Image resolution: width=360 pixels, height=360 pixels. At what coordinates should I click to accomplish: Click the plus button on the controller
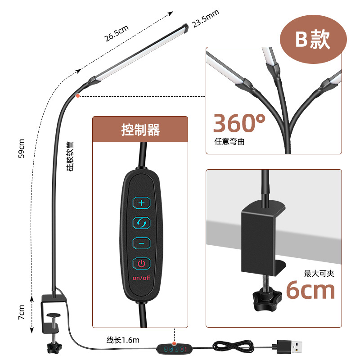click(141, 203)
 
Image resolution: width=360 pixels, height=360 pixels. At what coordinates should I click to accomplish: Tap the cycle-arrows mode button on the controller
click(141, 223)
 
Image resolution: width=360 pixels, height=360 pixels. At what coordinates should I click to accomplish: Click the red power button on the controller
click(141, 263)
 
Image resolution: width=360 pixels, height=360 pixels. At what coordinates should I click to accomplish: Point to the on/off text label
click(141, 278)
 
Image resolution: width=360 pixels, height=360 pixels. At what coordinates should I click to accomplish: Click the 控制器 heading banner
click(140, 130)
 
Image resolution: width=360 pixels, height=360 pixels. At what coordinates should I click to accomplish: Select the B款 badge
click(313, 40)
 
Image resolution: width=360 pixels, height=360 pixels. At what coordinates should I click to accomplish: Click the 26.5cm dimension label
click(117, 34)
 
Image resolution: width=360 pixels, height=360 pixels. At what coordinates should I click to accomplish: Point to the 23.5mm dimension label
click(206, 19)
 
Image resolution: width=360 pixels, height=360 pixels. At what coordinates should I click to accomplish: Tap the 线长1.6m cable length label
click(123, 340)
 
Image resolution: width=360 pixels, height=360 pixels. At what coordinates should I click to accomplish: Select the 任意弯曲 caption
click(229, 141)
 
